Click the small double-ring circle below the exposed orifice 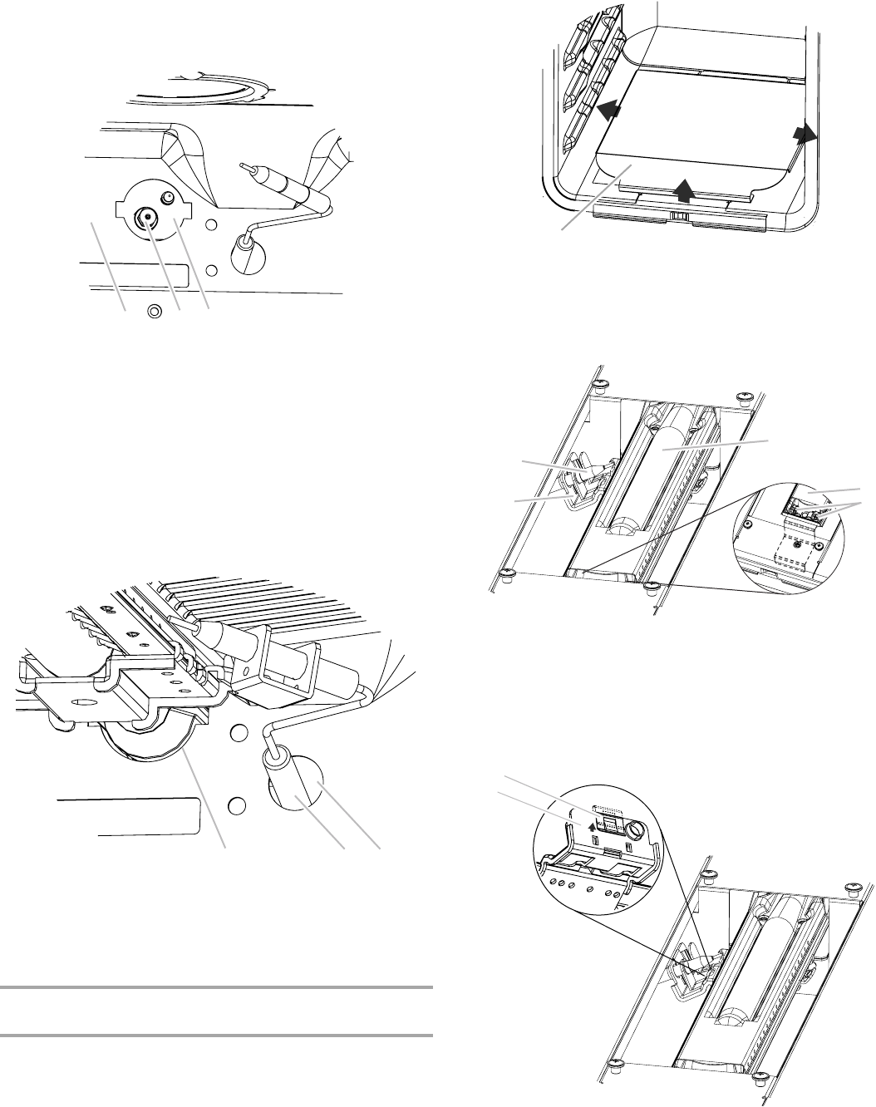(x=153, y=312)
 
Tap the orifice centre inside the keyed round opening (x=147, y=217)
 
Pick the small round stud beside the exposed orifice (x=167, y=198)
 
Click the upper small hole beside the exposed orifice (x=212, y=225)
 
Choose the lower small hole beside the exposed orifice (x=212, y=269)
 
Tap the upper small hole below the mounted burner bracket (x=237, y=732)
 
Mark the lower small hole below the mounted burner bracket (x=236, y=804)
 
